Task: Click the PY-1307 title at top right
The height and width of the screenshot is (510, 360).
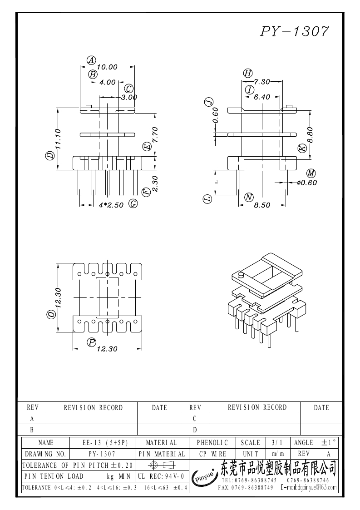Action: point(294,31)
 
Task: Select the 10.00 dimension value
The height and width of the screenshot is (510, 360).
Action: point(107,67)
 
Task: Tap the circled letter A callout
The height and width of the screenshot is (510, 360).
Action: point(91,60)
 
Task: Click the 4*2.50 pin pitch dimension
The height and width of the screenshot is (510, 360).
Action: point(111,205)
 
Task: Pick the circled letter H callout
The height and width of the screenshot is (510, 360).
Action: point(247,74)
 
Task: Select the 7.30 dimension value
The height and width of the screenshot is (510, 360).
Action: point(262,82)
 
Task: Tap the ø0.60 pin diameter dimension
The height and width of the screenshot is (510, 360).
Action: point(306,183)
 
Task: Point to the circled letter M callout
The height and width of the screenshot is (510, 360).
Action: point(311,173)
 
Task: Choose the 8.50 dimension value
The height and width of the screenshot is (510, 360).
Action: point(262,205)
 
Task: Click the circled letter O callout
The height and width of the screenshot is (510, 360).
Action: point(51,314)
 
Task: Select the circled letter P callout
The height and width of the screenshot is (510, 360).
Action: point(92,342)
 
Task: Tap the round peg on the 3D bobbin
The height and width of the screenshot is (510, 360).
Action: point(241,275)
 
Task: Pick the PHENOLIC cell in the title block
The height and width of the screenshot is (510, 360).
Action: point(212,442)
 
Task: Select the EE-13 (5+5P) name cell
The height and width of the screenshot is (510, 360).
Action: point(105,442)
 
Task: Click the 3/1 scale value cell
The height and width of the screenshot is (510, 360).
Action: point(276,442)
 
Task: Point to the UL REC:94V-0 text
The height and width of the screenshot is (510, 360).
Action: point(160,476)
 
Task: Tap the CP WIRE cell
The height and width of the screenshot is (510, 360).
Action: point(212,454)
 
